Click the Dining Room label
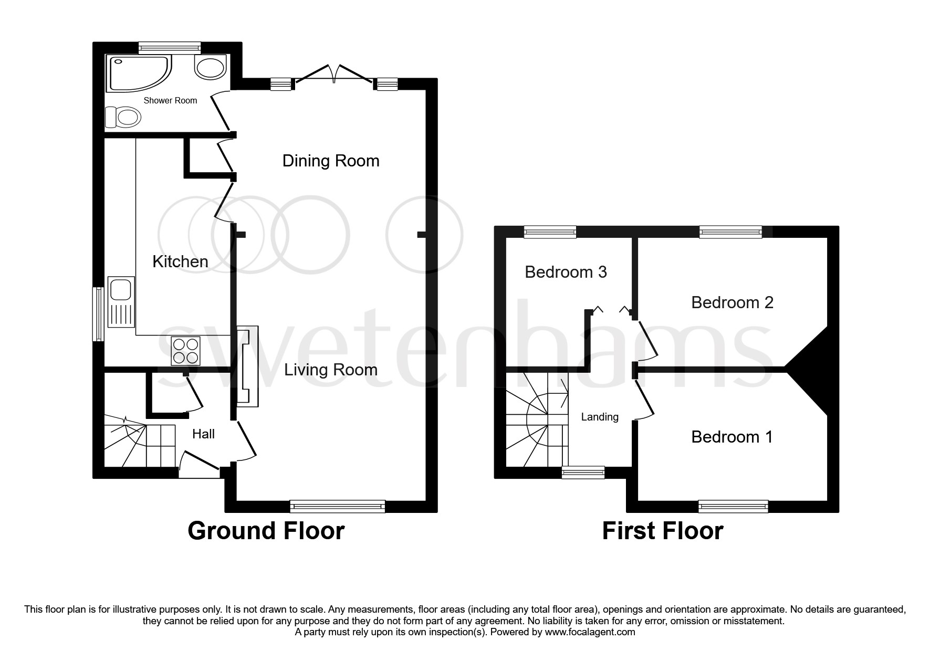click(331, 161)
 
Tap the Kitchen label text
click(180, 261)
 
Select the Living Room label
click(331, 370)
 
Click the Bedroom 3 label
click(566, 272)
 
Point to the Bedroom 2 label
click(732, 302)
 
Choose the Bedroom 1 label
click(732, 437)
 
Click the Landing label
click(600, 417)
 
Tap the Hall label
click(203, 434)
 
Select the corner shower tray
click(137, 72)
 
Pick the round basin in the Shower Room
click(211, 67)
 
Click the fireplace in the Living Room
click(248, 366)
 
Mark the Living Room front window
click(337, 506)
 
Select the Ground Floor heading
click(266, 531)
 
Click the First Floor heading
click(662, 531)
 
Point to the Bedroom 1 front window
click(733, 506)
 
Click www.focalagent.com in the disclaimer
click(590, 632)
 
